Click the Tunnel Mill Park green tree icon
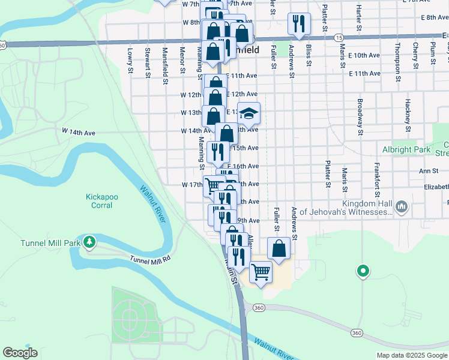point(89,242)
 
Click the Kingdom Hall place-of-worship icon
point(402,208)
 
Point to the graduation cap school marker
point(249,113)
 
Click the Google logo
point(20,353)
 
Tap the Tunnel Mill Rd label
point(151,259)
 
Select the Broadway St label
point(360,116)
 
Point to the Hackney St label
point(408,116)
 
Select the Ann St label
point(429,171)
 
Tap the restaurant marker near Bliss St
point(299,24)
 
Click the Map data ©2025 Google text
point(411,355)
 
